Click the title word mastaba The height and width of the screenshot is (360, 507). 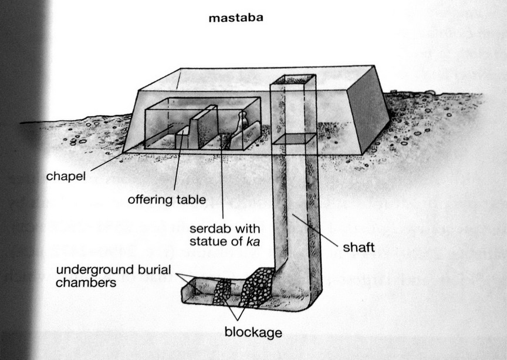tap(236, 18)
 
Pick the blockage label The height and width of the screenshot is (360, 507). tap(253, 332)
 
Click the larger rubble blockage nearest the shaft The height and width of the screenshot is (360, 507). tap(256, 287)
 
